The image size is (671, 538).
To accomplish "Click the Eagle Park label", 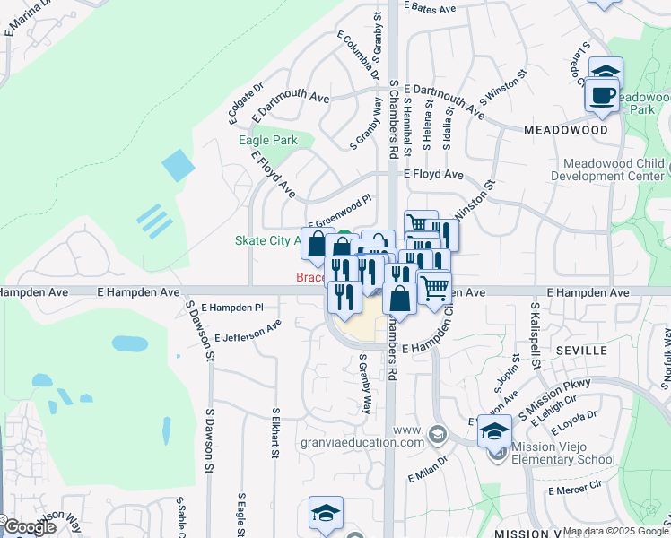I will [267, 141].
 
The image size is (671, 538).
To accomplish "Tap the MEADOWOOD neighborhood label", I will [565, 130].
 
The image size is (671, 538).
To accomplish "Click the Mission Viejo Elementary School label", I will [563, 453].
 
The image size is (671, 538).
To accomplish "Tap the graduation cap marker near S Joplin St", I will [494, 431].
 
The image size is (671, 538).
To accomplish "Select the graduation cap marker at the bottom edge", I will [326, 513].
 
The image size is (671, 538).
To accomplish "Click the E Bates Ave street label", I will [431, 7].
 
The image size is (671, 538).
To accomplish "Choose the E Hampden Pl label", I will [232, 307].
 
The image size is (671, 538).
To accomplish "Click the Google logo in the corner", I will [29, 527].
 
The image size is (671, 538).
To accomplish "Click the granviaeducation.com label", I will [373, 442].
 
